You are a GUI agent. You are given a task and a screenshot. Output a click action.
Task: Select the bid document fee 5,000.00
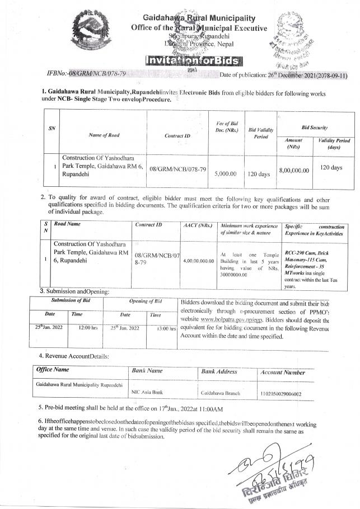click(225, 174)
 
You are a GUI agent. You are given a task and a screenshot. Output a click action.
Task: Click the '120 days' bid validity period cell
click(259, 174)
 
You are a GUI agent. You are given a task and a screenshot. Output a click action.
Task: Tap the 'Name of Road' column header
click(102, 135)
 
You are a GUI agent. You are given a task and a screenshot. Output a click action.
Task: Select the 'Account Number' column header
click(283, 372)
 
